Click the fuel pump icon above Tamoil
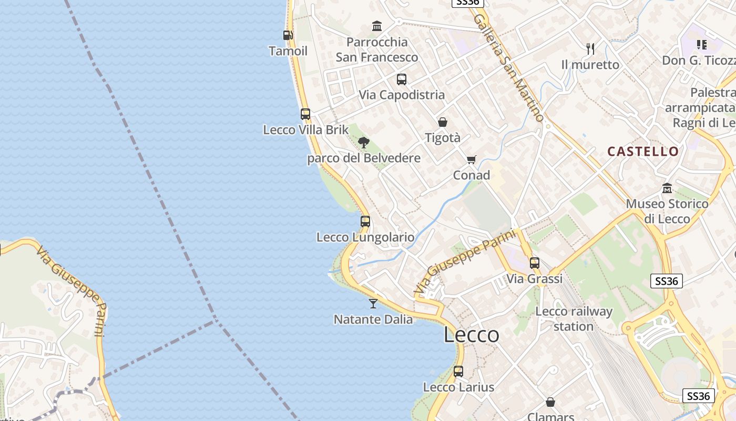click(x=288, y=35)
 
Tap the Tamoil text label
click(x=288, y=51)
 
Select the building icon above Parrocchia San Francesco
click(x=377, y=26)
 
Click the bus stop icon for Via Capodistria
click(x=402, y=79)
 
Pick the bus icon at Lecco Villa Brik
click(x=305, y=114)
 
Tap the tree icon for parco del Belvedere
click(x=363, y=142)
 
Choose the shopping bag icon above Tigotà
click(x=443, y=122)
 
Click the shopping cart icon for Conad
click(x=472, y=159)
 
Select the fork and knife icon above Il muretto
click(x=590, y=49)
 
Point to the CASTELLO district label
click(x=643, y=152)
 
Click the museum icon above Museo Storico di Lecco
click(x=667, y=188)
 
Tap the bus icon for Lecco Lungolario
click(x=365, y=222)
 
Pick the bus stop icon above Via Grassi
click(x=535, y=263)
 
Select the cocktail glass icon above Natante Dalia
click(x=373, y=303)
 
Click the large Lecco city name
click(x=471, y=335)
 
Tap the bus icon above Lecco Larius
click(x=458, y=372)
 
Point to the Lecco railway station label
click(x=574, y=319)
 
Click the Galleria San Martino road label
click(x=507, y=68)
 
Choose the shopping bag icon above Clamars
click(x=550, y=402)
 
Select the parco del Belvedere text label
click(x=364, y=158)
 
